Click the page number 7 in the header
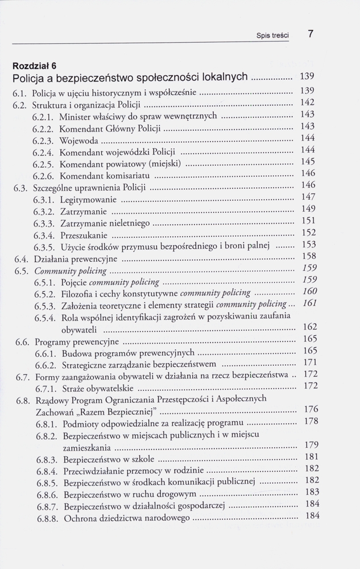tap(311, 34)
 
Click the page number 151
tap(307, 221)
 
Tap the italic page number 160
tap(307, 291)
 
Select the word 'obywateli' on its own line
tap(80, 329)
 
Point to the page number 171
tap(307, 362)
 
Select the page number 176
tap(307, 410)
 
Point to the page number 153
tap(307, 245)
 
